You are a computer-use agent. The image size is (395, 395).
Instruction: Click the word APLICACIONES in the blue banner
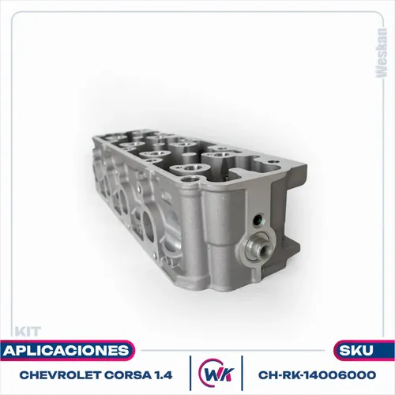(66, 351)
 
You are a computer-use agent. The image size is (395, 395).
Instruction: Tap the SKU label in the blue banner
(356, 351)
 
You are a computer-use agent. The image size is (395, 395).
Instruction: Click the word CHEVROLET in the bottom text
(60, 375)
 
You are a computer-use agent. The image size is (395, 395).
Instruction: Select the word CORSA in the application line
(127, 375)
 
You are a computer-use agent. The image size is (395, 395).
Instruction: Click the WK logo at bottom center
(216, 373)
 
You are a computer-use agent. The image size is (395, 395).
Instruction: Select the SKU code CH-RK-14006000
(317, 375)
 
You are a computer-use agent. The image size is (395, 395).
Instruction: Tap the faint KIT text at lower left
(28, 332)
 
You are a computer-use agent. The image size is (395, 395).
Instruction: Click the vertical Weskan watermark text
(382, 53)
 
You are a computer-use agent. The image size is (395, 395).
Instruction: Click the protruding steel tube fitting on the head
(258, 247)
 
